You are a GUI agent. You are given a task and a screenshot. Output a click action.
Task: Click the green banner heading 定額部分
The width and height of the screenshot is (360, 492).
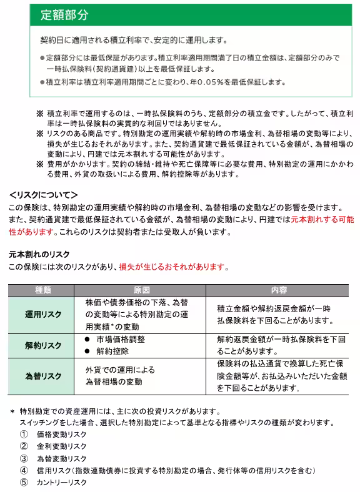(64, 14)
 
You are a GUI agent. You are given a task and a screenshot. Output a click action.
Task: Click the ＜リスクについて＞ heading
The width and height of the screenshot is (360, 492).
(43, 195)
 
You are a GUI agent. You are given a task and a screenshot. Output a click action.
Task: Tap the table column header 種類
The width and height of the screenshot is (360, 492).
(43, 290)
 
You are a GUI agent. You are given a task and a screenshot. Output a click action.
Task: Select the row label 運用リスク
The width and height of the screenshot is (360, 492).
(43, 315)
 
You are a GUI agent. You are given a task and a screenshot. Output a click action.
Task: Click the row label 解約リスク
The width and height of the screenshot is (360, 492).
(43, 345)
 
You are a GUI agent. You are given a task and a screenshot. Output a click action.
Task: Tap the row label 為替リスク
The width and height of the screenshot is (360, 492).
(43, 376)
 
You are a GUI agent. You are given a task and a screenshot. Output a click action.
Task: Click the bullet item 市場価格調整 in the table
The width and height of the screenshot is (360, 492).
(121, 340)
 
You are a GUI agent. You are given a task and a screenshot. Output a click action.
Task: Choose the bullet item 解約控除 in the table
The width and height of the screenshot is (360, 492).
(113, 351)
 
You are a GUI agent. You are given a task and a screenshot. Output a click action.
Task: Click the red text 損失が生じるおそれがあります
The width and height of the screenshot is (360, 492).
(172, 267)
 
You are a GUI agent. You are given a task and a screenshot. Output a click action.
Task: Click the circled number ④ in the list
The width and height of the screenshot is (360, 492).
(24, 470)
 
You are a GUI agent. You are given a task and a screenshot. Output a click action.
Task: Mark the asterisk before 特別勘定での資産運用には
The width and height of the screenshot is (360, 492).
(12, 412)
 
